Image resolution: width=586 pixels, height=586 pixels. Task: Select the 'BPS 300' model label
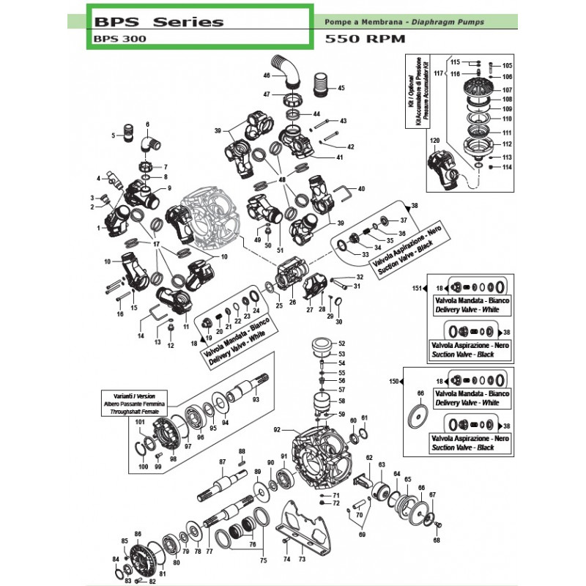coord(120,40)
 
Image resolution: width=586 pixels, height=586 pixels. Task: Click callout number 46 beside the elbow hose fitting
coord(266,75)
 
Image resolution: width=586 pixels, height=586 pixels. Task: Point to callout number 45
coord(341,88)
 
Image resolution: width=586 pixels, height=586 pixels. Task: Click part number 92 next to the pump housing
coord(277,429)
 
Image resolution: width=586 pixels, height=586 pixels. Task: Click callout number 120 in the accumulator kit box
coord(434,140)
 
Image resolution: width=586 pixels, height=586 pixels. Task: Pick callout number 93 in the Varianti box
coord(256,400)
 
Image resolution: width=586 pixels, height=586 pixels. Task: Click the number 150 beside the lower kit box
coord(393,382)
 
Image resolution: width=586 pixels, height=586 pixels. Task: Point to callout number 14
coord(141,335)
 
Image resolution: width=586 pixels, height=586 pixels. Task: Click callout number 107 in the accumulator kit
coord(507,90)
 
